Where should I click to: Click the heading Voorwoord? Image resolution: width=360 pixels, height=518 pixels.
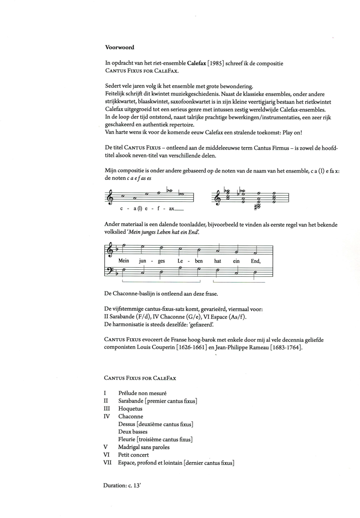[x=119, y=48]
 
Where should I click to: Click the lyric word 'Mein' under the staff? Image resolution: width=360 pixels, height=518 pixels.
[x=124, y=261]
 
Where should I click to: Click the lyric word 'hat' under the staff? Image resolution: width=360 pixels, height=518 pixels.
[x=218, y=261]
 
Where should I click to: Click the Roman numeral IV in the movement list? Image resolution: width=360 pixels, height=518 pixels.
[x=107, y=416]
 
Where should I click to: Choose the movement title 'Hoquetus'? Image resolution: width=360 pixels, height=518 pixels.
[x=130, y=409]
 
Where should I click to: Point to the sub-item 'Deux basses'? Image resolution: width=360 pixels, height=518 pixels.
[x=133, y=432]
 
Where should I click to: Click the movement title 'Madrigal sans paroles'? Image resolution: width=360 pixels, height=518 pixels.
[x=144, y=447]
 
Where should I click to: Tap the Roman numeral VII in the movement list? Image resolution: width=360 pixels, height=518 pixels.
[x=108, y=463]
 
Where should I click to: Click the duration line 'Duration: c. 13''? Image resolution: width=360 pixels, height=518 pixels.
[x=122, y=486]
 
